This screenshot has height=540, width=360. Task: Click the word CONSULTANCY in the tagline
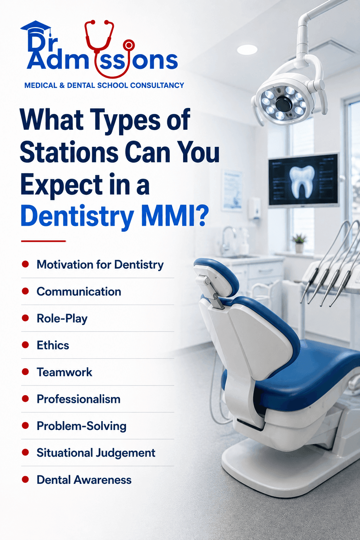(157, 85)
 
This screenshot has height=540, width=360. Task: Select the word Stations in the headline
(69, 153)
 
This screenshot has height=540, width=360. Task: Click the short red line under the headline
(43, 241)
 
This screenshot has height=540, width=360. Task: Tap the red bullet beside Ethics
(25, 345)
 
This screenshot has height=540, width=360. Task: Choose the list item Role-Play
(62, 319)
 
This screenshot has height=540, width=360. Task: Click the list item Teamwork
(64, 372)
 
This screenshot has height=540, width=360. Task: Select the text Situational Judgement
(96, 453)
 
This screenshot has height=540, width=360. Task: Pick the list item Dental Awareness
(84, 480)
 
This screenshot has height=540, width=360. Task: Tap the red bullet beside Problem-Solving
(25, 426)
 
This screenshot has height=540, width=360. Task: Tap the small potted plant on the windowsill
(299, 244)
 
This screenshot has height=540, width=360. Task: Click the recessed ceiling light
(247, 50)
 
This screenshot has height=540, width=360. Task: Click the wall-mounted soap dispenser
(255, 208)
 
